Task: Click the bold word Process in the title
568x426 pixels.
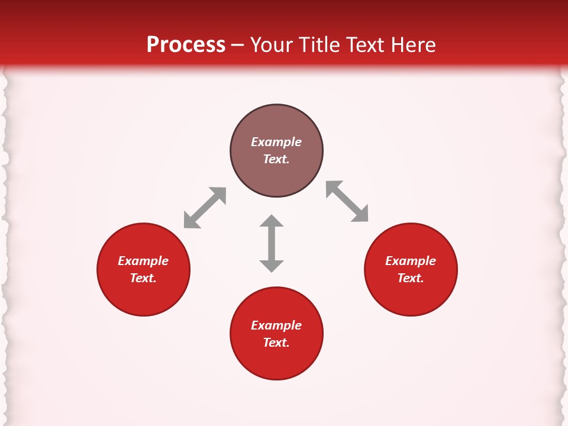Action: [186, 45]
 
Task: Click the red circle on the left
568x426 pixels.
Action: [143, 296]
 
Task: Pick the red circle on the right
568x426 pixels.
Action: [411, 296]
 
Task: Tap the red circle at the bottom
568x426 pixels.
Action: [276, 361]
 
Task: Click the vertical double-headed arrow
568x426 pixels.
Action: [272, 243]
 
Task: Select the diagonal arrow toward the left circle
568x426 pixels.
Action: [205, 208]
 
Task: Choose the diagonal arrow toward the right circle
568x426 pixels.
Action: [347, 201]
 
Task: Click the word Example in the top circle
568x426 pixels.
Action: [276, 142]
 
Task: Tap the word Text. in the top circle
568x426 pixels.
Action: [276, 159]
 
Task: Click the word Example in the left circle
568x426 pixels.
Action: [143, 261]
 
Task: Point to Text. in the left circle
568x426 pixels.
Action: [143, 278]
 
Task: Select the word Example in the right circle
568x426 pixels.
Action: [411, 261]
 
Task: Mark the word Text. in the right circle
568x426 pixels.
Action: [411, 278]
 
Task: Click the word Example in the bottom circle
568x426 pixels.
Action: [276, 325]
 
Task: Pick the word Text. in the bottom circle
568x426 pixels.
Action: [276, 343]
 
